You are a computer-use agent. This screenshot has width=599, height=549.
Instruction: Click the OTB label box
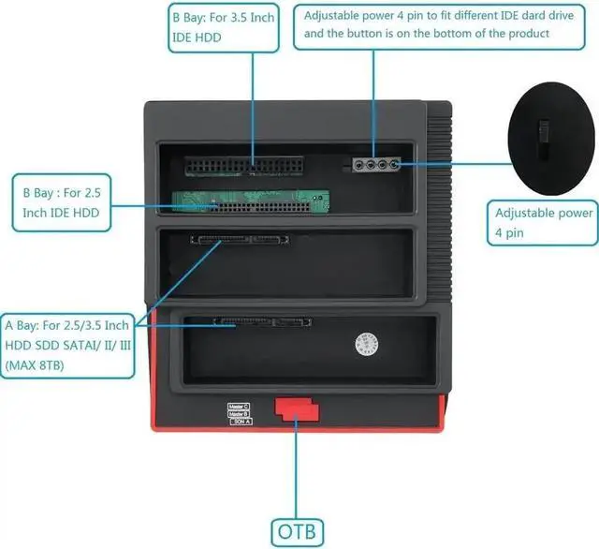tap(298, 531)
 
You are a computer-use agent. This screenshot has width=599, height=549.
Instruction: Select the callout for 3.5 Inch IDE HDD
tap(224, 27)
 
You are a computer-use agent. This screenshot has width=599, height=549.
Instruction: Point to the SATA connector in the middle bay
tap(241, 239)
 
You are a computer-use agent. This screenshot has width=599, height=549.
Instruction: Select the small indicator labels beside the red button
tap(238, 412)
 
